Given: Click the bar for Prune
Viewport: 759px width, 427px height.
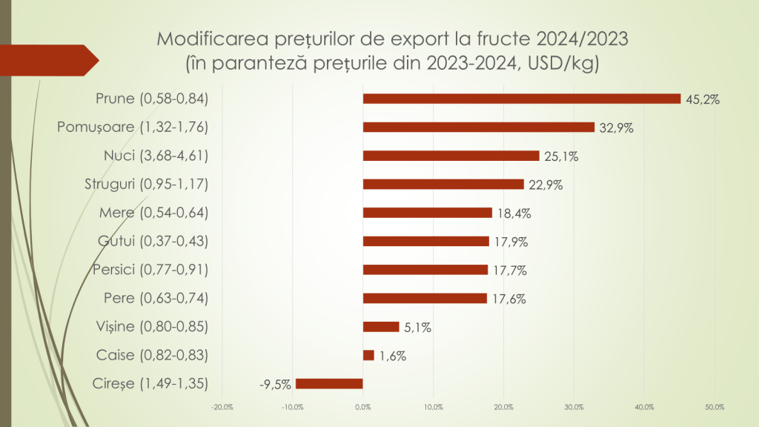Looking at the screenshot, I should click(521, 99).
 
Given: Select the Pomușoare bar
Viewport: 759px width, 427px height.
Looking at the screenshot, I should click(478, 127).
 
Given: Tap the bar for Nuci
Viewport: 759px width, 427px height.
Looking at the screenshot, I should click(451, 156).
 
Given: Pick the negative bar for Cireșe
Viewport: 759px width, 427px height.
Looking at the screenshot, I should click(329, 383).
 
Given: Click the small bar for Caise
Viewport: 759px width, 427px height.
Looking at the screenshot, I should click(368, 355).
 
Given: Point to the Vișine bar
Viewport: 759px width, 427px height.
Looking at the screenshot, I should click(381, 327).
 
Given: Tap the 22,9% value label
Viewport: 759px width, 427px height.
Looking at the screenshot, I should click(545, 185).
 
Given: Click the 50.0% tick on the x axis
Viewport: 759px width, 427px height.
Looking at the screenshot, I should click(714, 407).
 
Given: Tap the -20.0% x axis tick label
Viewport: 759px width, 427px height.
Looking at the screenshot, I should click(222, 407).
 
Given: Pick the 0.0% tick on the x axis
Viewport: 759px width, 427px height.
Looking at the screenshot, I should click(362, 407).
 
